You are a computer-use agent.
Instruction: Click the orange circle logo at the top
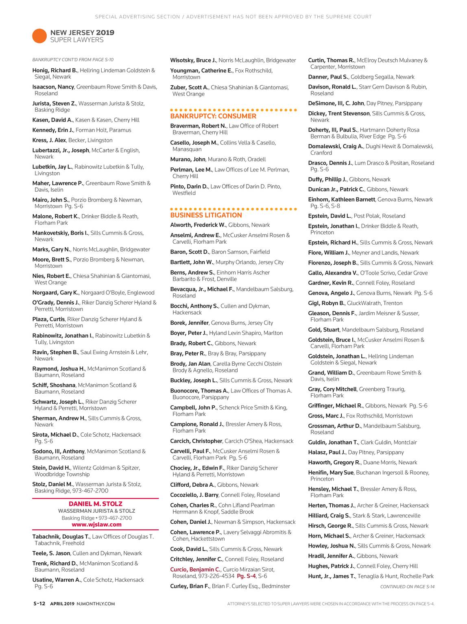(x=39, y=36)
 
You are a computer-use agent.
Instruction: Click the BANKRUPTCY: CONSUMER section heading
(x=207, y=116)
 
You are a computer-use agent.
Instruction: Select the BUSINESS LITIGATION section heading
(x=206, y=215)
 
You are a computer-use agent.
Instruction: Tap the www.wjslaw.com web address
(x=96, y=524)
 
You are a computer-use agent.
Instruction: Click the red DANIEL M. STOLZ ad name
(x=95, y=504)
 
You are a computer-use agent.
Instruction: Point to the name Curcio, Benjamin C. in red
(x=195, y=570)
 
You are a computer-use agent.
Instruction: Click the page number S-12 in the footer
(x=39, y=604)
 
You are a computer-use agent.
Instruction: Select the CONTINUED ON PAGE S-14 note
(x=407, y=587)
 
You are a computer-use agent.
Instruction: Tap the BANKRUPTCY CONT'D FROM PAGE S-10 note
(x=73, y=60)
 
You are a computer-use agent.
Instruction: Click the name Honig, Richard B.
(x=55, y=70)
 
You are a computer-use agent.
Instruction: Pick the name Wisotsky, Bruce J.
(x=193, y=60)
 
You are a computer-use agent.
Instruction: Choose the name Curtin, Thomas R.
(x=331, y=60)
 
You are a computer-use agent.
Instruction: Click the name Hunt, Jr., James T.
(x=332, y=576)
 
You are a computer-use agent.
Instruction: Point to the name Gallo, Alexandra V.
(x=333, y=273)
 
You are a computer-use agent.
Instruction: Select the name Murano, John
(x=188, y=159)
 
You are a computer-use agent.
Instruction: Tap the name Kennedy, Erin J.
(x=52, y=130)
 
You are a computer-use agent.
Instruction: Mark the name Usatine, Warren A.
(x=56, y=580)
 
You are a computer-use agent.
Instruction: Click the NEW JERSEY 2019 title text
(x=82, y=32)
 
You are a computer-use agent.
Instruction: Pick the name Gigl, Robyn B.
(x=326, y=303)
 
